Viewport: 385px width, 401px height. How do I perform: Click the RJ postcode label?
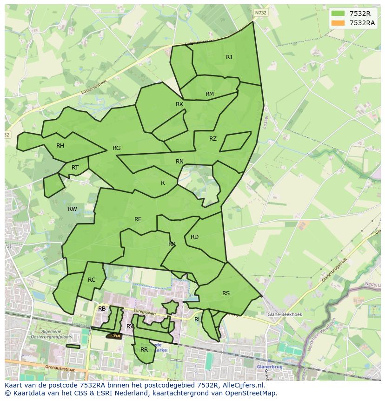pyautogui.click(x=229, y=57)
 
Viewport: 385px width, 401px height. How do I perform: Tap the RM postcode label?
pyautogui.click(x=210, y=94)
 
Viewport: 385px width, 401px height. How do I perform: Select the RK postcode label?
pyautogui.click(x=179, y=104)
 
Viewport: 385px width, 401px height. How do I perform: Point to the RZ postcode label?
pyautogui.click(x=213, y=139)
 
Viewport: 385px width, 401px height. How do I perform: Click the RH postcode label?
pyautogui.click(x=60, y=146)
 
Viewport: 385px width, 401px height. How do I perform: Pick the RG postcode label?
pyautogui.click(x=116, y=148)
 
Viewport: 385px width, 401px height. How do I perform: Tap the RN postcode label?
pyautogui.click(x=179, y=162)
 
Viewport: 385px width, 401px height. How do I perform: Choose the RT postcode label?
pyautogui.click(x=75, y=168)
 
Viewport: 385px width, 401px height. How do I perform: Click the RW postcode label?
pyautogui.click(x=73, y=209)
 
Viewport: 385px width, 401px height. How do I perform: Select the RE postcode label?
pyautogui.click(x=138, y=219)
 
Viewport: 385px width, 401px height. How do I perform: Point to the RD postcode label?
pyautogui.click(x=194, y=237)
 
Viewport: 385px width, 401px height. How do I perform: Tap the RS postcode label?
pyautogui.click(x=226, y=293)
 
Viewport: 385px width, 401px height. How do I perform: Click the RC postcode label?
pyautogui.click(x=92, y=280)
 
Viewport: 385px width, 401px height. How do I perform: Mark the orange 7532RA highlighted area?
pyautogui.click(x=114, y=336)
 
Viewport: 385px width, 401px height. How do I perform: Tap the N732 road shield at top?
pyautogui.click(x=261, y=13)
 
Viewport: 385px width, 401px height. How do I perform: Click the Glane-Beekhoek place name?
pyautogui.click(x=285, y=314)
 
